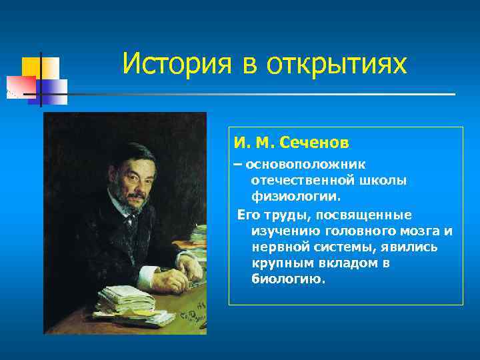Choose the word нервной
(x=280, y=247)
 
